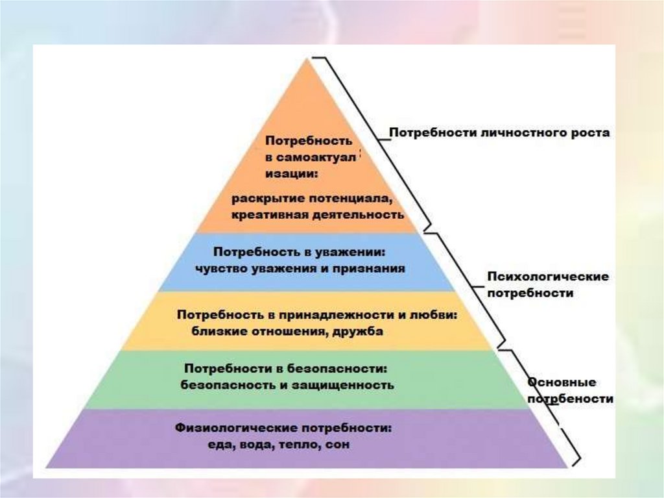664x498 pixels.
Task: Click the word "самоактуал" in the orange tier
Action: [316, 158]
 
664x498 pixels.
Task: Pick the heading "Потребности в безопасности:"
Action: [286, 368]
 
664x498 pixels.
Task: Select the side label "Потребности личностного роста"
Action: [499, 133]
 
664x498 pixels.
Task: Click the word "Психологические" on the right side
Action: [548, 277]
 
